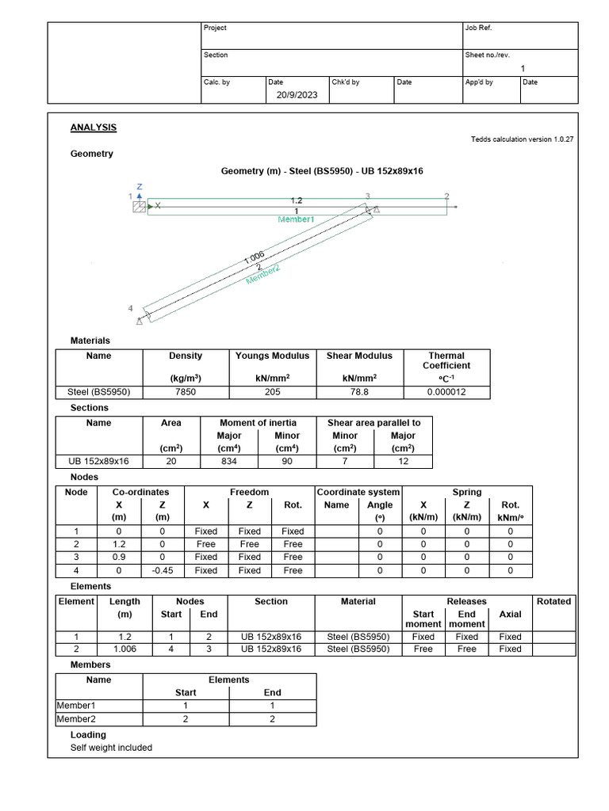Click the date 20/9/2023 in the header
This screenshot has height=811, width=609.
pyautogui.click(x=297, y=95)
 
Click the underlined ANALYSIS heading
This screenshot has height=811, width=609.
pyautogui.click(x=94, y=128)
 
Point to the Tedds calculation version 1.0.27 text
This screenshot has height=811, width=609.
pyautogui.click(x=522, y=139)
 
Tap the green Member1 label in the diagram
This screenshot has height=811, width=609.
pyautogui.click(x=296, y=219)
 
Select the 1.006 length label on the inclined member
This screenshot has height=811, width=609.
pyautogui.click(x=254, y=257)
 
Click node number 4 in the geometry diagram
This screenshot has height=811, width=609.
pyautogui.click(x=131, y=308)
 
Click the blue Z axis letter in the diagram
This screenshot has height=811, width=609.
pyautogui.click(x=140, y=187)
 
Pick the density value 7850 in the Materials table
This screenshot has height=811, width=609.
pyautogui.click(x=186, y=391)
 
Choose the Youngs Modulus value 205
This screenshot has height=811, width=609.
pyautogui.click(x=272, y=391)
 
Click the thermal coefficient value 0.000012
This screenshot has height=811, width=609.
pyautogui.click(x=446, y=391)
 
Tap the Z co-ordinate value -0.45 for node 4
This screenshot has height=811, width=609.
pyautogui.click(x=163, y=570)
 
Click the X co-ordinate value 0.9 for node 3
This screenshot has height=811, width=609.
pyautogui.click(x=119, y=558)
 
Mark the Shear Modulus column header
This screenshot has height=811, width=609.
pyautogui.click(x=361, y=356)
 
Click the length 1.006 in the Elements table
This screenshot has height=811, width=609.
pyautogui.click(x=124, y=649)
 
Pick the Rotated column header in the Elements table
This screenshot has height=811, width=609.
pyautogui.click(x=553, y=601)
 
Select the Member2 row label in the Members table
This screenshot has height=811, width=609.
pyautogui.click(x=73, y=719)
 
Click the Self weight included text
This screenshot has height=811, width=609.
pyautogui.click(x=111, y=748)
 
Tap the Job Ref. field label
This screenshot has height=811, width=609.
pyautogui.click(x=479, y=28)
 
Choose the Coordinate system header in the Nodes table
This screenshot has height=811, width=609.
pyautogui.click(x=358, y=492)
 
